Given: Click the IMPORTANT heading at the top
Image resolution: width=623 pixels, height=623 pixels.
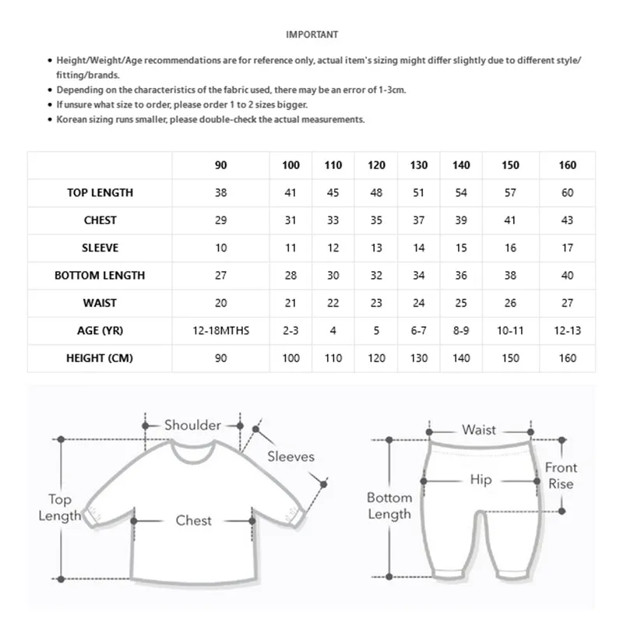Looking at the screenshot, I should [311, 34].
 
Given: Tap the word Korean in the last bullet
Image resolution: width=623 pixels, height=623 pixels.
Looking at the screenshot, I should [71, 119].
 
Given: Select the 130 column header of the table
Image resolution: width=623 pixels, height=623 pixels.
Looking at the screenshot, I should [419, 165].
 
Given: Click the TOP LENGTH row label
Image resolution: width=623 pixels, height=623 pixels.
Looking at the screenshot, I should [100, 192].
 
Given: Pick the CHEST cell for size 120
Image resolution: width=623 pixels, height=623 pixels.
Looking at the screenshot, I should [376, 220].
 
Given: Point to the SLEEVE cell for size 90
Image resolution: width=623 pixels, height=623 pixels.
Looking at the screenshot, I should [221, 248].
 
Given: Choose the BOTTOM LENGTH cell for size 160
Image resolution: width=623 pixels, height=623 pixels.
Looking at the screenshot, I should [568, 275].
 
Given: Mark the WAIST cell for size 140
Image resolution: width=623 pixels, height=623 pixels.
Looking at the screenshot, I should [461, 303].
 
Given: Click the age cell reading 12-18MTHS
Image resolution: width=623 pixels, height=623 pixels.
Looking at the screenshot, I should [221, 330].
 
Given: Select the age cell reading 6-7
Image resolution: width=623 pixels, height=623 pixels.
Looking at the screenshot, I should [419, 330].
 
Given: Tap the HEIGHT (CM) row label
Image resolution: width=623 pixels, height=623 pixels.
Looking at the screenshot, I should [100, 357].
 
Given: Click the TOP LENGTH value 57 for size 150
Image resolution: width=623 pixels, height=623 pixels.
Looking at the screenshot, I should [510, 192].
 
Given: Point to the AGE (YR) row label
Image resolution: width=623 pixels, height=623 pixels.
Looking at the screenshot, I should [100, 330].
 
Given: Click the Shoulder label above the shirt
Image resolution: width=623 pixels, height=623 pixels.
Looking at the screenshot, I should [192, 425].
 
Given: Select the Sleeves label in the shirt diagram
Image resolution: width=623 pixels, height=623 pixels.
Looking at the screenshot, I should [290, 456].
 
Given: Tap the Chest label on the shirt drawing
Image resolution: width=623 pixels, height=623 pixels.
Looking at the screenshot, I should [193, 520].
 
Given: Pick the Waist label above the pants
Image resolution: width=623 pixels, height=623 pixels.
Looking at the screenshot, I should [479, 430].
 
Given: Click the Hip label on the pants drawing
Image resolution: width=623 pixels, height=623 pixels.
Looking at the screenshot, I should [480, 480].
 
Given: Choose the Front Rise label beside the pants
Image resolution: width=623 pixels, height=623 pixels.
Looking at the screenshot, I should [561, 475].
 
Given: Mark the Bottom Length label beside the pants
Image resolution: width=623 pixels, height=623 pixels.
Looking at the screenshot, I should [389, 505].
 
